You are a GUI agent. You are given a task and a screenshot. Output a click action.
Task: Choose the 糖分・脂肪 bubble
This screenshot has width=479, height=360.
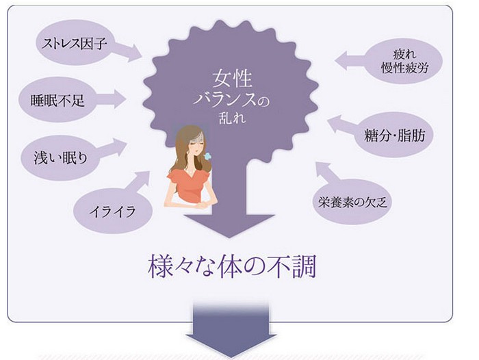(396, 136)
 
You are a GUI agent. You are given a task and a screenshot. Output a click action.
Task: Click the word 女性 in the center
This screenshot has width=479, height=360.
(231, 77)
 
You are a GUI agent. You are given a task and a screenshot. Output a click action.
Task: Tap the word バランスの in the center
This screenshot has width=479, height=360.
(233, 100)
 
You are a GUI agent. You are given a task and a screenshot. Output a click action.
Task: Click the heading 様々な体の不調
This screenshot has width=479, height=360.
(232, 267)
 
